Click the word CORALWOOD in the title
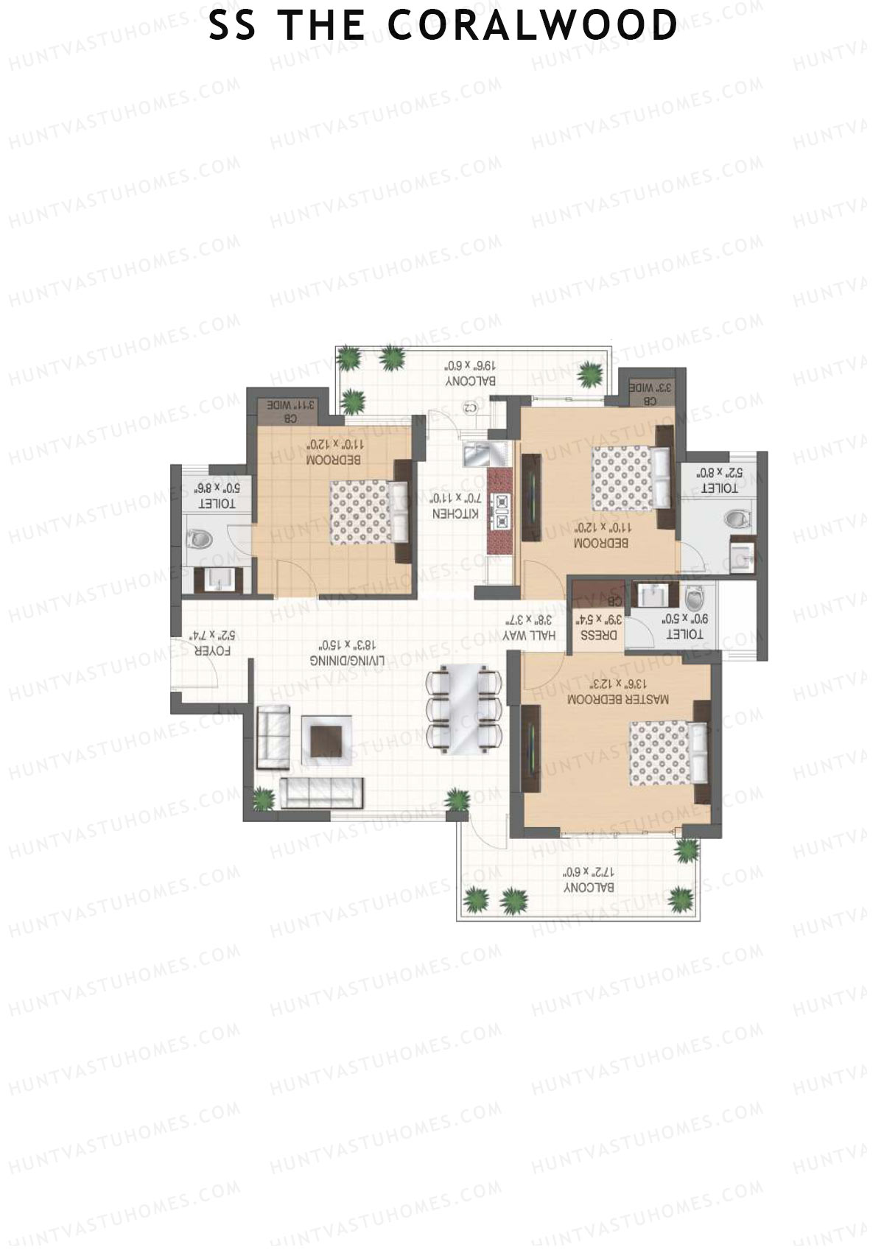pos(532,26)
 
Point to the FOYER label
pos(212,651)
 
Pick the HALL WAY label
pos(530,635)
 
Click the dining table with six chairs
pos(465,707)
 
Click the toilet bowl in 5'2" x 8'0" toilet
pos(737,519)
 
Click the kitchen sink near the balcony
pos(477,454)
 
